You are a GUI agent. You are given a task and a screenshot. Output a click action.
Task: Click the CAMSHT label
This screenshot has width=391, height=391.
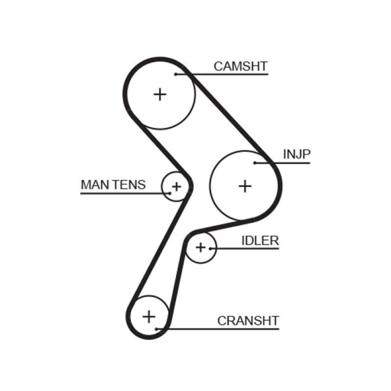241,66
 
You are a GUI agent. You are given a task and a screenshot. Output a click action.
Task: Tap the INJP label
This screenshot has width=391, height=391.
297,154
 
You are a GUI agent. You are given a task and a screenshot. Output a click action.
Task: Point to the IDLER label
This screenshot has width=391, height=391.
260,240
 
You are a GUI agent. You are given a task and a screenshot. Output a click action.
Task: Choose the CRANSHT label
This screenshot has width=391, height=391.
248,321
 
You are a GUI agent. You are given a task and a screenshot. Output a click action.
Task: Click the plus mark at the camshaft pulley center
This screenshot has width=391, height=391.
160,94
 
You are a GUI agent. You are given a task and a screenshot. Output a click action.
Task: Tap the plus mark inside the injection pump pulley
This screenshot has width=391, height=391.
245,186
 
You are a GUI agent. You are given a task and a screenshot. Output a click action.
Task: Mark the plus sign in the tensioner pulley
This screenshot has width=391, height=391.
176,186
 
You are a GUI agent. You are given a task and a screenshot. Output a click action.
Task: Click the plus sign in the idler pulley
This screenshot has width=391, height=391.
200,247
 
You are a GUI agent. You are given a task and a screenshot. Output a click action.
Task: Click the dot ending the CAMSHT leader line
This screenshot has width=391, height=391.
175,74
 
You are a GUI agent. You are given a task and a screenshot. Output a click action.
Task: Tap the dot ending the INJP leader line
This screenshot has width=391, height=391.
255,163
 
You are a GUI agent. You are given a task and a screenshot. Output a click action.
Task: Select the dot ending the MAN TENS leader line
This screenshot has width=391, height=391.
170,193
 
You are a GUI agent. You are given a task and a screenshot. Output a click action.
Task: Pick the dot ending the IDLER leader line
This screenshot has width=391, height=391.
210,248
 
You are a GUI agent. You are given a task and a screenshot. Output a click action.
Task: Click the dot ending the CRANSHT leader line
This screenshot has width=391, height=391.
156,328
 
